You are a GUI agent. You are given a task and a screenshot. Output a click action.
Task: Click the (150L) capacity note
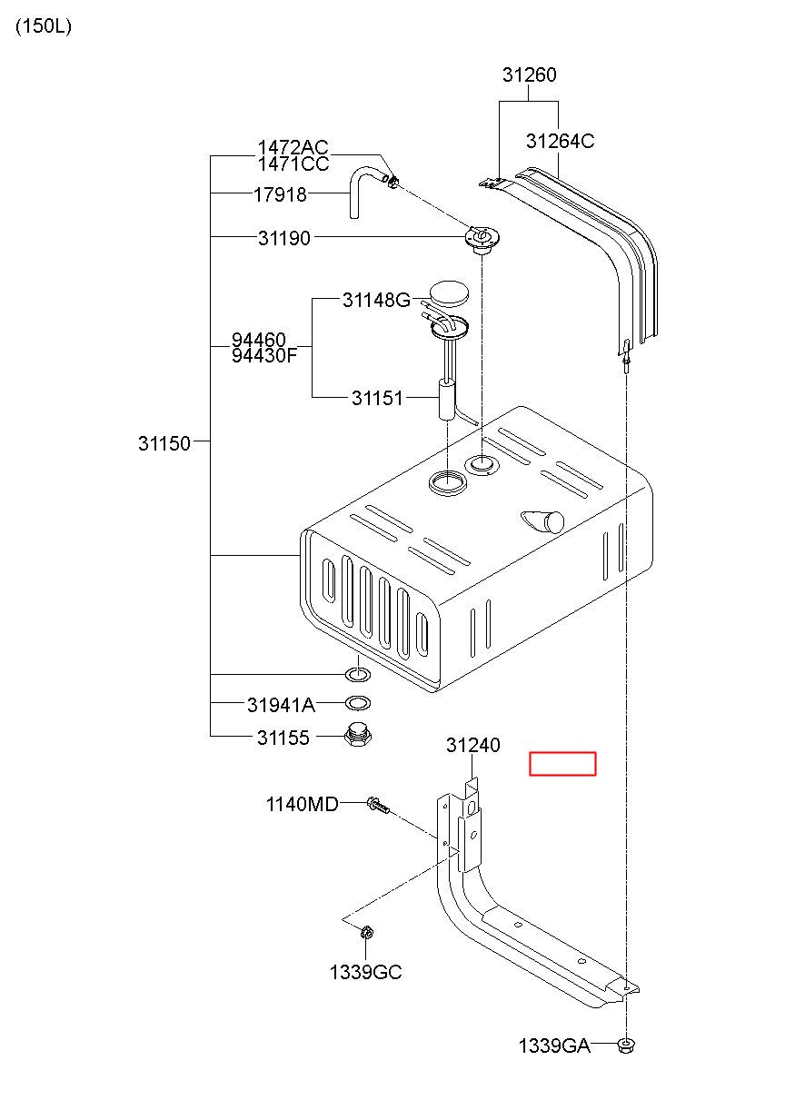point(44,26)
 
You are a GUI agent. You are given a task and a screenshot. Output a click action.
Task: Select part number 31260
point(529,75)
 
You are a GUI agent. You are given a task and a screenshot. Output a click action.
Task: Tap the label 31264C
point(560,141)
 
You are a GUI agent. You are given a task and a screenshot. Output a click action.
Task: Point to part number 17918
point(280,195)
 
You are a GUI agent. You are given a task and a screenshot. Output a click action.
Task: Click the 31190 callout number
point(284,239)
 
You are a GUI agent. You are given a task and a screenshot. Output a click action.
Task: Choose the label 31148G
point(376,300)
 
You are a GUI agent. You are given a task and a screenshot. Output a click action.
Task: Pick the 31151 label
point(377,398)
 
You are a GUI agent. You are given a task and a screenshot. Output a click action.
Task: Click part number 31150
point(164,443)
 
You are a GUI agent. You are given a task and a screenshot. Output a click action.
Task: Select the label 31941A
point(281,705)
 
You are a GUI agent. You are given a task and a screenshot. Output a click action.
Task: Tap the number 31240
point(473,745)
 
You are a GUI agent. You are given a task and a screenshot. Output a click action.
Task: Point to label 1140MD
point(302,804)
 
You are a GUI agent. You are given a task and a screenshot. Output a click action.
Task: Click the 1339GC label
point(365,972)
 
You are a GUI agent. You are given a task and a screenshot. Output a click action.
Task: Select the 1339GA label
point(554,1046)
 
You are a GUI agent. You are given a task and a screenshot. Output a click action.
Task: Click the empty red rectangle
point(562,764)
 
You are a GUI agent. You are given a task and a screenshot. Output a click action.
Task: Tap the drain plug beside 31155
point(358,735)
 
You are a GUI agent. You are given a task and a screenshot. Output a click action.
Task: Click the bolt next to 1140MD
point(378,806)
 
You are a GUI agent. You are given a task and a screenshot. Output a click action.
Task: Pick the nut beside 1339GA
point(626,1046)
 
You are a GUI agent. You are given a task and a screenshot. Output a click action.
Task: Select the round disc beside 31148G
point(449,293)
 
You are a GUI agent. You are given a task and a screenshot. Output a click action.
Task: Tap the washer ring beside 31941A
point(358,703)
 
